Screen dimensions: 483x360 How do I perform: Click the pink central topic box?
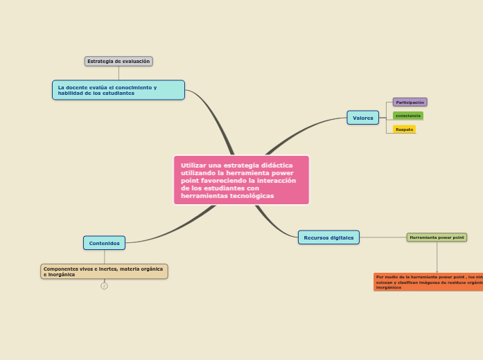pos(241,180)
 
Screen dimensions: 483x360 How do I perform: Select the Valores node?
pos(362,118)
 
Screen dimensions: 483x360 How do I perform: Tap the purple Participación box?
pos(410,102)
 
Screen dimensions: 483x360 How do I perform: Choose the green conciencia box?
pos(407,116)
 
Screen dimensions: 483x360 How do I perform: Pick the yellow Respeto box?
pos(404,129)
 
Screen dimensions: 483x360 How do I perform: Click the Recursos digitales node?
pos(328,237)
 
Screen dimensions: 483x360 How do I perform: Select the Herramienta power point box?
pos(437,237)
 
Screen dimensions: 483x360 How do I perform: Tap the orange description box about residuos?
pos(428,281)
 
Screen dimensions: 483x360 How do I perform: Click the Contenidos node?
pos(104,243)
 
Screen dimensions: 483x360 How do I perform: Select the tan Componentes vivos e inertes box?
pos(104,271)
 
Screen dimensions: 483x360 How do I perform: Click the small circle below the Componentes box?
pos(104,285)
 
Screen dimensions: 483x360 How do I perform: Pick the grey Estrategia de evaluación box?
pos(118,61)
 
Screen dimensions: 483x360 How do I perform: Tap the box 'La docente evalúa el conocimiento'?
pos(118,90)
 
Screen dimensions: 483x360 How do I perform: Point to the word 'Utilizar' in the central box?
pos(194,165)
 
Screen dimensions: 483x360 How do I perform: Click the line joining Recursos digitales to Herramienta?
pos(383,237)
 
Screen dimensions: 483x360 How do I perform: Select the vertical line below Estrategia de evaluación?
pos(118,73)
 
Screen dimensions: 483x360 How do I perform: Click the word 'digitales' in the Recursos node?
pos(341,237)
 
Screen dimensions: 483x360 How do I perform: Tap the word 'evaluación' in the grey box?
pos(136,61)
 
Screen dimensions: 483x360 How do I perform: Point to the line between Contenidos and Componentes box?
pos(104,257)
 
